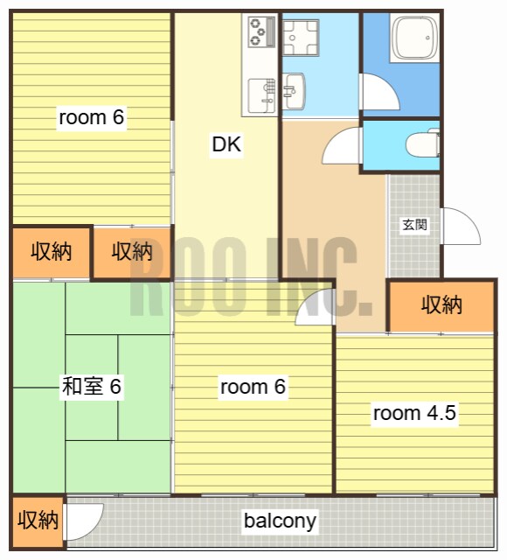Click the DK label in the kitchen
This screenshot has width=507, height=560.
(x=226, y=143)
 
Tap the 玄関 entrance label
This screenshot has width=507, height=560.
(x=414, y=225)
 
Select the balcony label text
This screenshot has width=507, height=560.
(x=280, y=521)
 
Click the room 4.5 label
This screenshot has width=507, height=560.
(x=414, y=413)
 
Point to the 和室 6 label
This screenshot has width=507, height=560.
(x=92, y=386)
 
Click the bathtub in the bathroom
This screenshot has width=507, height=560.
(x=414, y=38)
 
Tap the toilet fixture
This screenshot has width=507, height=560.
(x=423, y=144)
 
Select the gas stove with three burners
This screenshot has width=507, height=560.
(x=262, y=31)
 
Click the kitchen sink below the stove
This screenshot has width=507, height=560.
(x=262, y=95)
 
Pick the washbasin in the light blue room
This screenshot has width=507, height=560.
(x=294, y=91)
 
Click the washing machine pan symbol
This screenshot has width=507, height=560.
(x=301, y=38)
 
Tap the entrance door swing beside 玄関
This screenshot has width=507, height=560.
(x=461, y=226)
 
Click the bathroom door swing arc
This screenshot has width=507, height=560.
(x=379, y=92)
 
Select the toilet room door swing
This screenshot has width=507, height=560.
(x=342, y=146)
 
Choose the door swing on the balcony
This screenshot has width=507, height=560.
(x=83, y=521)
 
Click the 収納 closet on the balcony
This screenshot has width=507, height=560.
(x=38, y=521)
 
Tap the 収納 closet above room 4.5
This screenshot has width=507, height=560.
(x=441, y=305)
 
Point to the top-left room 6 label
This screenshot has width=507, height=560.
(x=91, y=117)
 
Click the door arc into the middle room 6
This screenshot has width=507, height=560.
(x=314, y=307)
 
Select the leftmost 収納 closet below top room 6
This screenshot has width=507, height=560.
(x=51, y=252)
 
